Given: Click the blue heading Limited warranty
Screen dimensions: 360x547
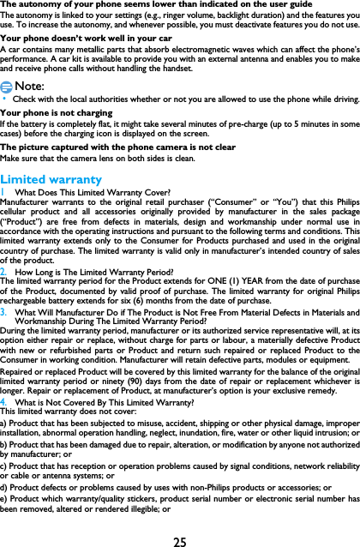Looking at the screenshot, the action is click(x=51, y=179).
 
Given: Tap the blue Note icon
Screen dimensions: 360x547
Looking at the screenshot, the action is click(x=7, y=87).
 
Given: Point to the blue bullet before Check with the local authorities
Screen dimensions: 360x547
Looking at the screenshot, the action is click(x=3, y=100).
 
